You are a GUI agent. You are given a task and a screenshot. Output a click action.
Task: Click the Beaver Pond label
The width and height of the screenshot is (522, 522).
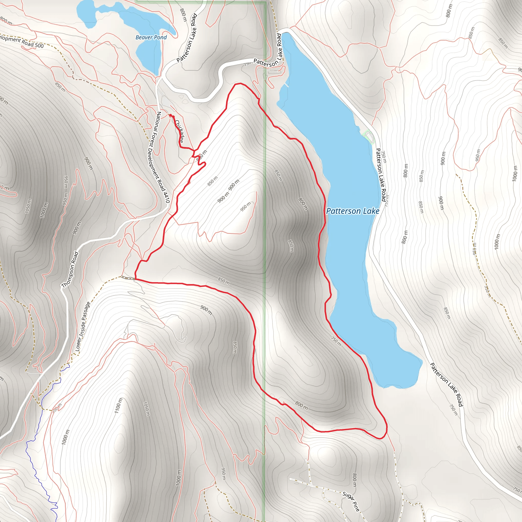click(151, 37)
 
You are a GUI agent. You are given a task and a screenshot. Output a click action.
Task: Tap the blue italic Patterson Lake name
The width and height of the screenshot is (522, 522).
click(353, 211)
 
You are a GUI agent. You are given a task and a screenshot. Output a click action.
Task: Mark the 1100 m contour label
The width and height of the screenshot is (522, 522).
click(119, 405)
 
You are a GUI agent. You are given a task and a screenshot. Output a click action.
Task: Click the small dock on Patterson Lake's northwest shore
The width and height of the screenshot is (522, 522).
click(286, 85)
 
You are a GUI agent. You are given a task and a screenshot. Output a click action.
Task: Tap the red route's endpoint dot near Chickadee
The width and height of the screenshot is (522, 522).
click(171, 115)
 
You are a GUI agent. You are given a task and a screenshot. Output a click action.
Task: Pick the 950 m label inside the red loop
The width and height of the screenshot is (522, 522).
click(246, 207)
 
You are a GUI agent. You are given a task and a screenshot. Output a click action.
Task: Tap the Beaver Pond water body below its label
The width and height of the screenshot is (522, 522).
click(149, 57)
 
